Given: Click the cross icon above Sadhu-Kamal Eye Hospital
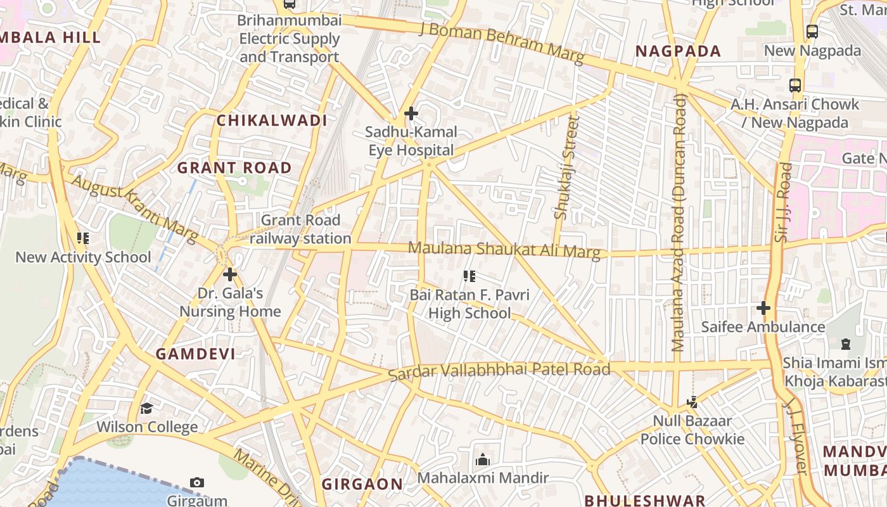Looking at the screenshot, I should (411, 114).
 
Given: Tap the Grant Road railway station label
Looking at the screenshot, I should (300, 229).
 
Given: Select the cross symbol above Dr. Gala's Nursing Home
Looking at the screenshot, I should (230, 274).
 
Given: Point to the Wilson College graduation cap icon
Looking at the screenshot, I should (147, 408).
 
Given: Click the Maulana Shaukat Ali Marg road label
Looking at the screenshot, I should (504, 250).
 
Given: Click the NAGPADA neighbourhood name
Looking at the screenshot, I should (678, 51).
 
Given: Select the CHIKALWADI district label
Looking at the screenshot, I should (272, 120).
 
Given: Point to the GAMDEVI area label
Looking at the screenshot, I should (195, 354).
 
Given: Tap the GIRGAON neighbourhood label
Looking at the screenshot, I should (362, 484).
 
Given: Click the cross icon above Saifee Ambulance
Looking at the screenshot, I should (763, 309).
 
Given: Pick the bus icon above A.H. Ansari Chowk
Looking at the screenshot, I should (795, 86).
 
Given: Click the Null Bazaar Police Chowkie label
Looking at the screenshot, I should (692, 430).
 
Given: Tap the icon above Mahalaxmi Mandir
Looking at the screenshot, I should (483, 459).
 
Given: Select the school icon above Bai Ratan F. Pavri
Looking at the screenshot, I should (469, 276).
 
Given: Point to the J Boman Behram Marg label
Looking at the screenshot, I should (501, 42).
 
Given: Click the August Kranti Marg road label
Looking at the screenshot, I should (135, 209).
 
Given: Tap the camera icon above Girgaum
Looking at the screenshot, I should (197, 483).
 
